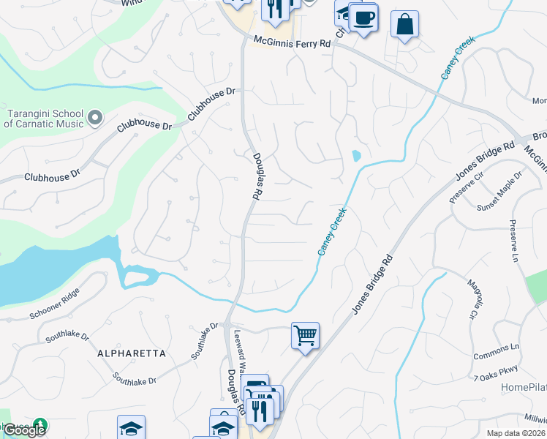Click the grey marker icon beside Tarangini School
(x=95, y=117)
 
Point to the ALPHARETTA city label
(x=132, y=353)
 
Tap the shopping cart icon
(x=305, y=336)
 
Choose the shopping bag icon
(x=404, y=23)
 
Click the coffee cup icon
(x=363, y=16)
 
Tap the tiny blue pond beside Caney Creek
(x=356, y=156)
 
